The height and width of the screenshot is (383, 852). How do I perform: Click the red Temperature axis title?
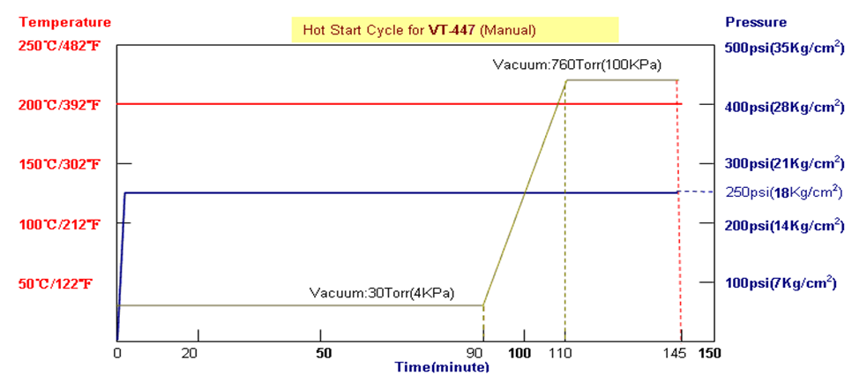[x=56, y=21]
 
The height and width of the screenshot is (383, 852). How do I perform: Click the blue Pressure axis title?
[x=755, y=21]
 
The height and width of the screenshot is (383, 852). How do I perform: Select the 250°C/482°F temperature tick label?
[x=57, y=46]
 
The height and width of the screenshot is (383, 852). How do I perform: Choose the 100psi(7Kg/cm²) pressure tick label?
[x=780, y=283]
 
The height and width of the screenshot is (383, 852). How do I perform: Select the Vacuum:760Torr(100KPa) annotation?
[x=578, y=64]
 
